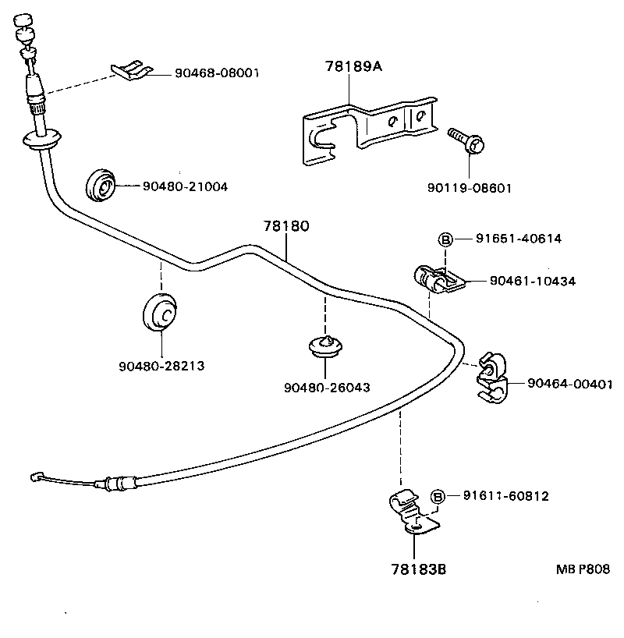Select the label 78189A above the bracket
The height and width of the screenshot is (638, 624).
point(353,67)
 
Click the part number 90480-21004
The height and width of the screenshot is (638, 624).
point(185,186)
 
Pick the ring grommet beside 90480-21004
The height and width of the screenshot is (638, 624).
point(100,183)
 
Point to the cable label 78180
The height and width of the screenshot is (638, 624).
point(285,227)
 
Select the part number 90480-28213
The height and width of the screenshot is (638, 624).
point(161,365)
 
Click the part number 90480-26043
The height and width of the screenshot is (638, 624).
point(327,387)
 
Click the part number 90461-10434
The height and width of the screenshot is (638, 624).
point(533,282)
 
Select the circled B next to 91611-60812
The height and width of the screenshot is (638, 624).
point(438,496)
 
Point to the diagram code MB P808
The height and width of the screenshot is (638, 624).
point(583,569)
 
